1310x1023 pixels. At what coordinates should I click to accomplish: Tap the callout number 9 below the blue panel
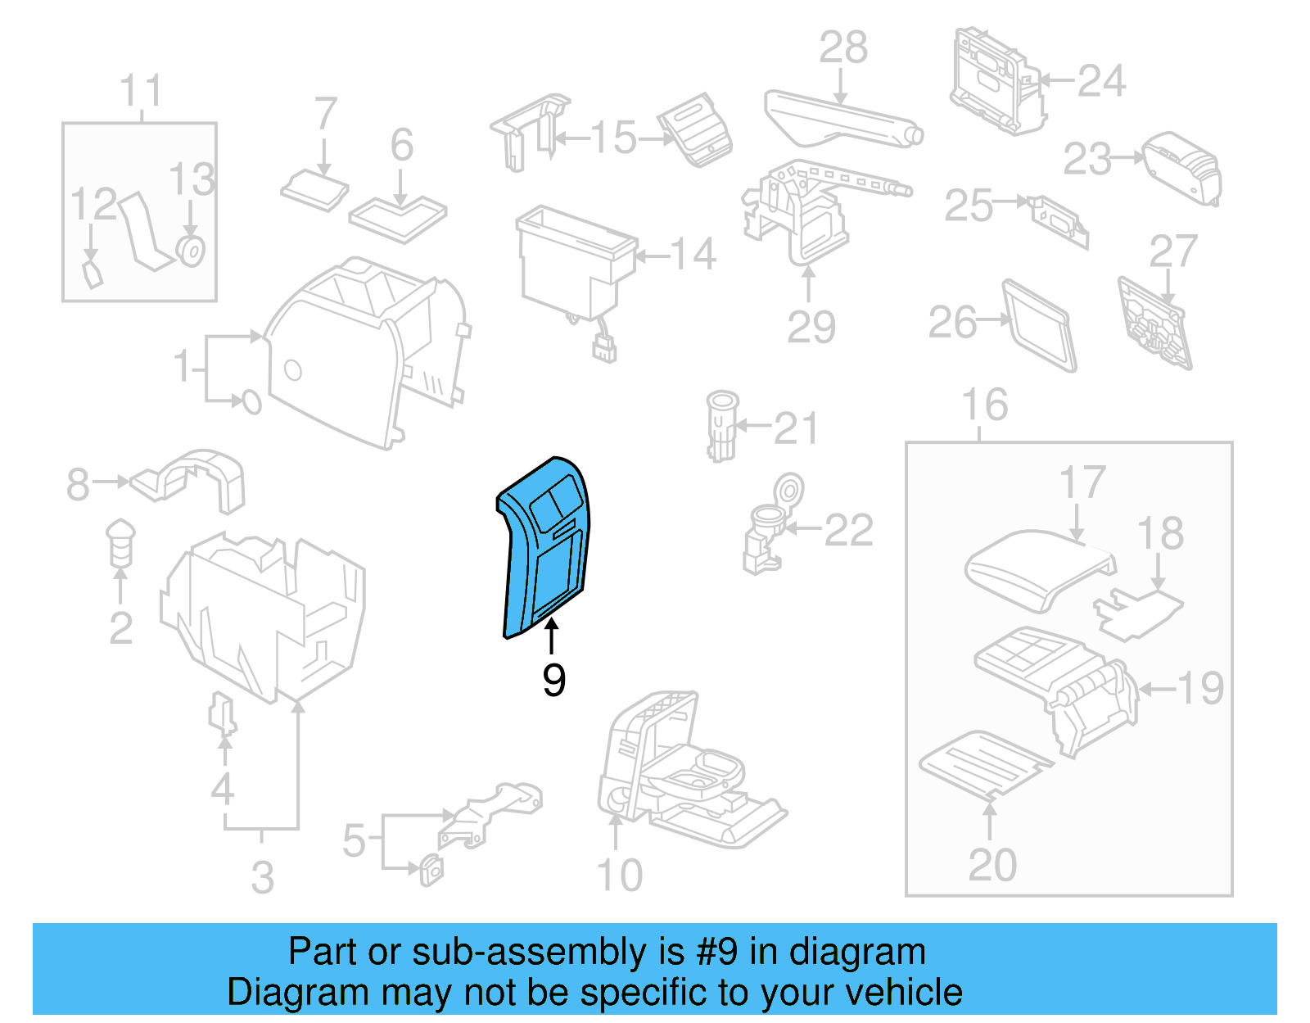[553, 680]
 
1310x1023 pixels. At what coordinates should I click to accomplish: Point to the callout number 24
[1101, 81]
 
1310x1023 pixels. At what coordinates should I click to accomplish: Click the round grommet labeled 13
[191, 250]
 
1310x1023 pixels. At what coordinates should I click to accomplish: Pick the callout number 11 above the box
[141, 91]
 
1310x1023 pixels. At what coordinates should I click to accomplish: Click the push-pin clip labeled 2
[120, 542]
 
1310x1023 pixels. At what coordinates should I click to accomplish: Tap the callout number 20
[992, 865]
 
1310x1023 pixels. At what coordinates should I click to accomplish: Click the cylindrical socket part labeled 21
[721, 426]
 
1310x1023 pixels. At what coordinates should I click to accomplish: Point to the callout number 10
[620, 876]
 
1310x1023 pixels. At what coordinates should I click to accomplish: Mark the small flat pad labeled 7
[314, 190]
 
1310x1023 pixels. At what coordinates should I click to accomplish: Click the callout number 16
[985, 405]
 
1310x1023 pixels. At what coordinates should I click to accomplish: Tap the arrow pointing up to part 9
[553, 636]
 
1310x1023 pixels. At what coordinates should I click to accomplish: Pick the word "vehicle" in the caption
[904, 992]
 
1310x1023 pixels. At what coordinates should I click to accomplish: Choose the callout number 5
[354, 840]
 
